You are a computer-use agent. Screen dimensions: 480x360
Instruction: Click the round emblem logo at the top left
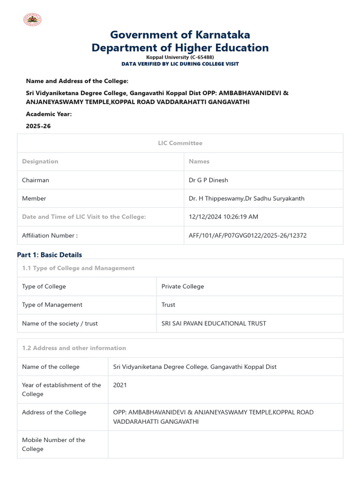tap(32, 19)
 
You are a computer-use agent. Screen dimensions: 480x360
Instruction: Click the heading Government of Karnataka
tap(180, 35)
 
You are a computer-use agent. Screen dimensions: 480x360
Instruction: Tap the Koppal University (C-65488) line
tap(180, 57)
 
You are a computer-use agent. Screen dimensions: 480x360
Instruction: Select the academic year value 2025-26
tap(38, 126)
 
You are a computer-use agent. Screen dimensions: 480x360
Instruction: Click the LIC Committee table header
tap(180, 143)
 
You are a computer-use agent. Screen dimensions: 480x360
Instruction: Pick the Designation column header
tap(40, 161)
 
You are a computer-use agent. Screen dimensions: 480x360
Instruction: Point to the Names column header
tap(199, 161)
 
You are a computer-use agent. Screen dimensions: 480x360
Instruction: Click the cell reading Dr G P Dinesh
tap(209, 180)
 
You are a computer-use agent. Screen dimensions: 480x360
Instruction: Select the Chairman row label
tap(36, 180)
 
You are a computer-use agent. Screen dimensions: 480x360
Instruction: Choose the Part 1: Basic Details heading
tap(49, 255)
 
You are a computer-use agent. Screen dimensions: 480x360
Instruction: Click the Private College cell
tap(183, 286)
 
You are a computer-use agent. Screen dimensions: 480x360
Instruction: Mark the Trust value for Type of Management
tap(168, 305)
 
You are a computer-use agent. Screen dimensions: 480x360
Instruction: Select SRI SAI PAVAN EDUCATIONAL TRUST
tap(214, 323)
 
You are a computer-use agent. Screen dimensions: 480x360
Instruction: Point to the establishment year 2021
tap(120, 385)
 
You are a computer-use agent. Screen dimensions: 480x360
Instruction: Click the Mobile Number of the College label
tap(53, 444)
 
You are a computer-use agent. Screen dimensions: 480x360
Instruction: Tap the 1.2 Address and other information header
tap(74, 348)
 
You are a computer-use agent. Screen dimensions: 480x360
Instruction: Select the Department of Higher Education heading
tap(180, 48)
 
